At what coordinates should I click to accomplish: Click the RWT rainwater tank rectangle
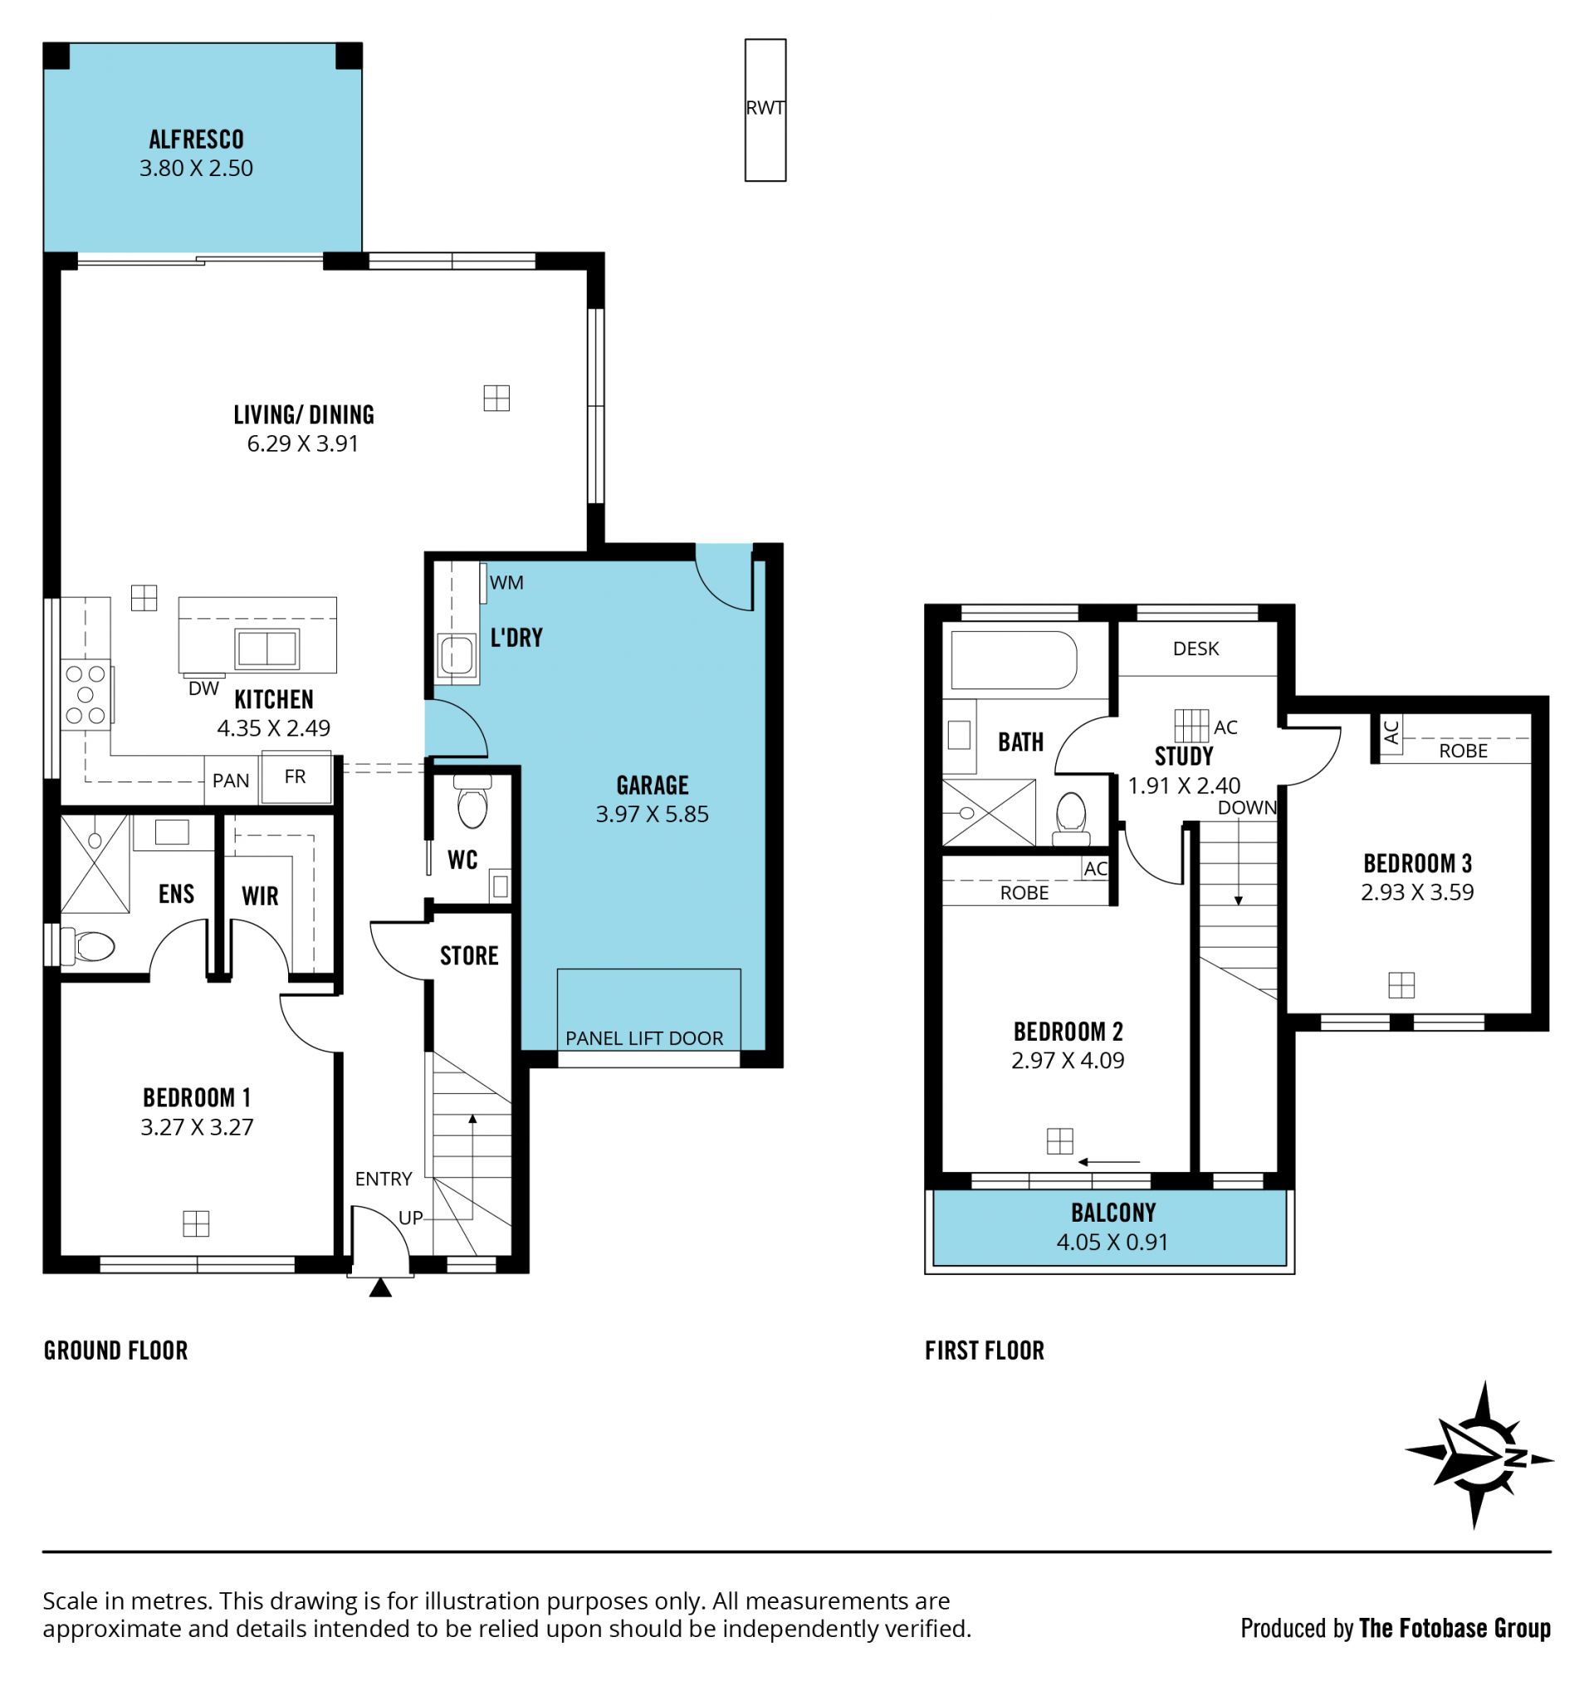pyautogui.click(x=765, y=110)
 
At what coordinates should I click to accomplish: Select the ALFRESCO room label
pyautogui.click(x=196, y=140)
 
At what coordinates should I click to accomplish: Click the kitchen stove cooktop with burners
pyautogui.click(x=86, y=694)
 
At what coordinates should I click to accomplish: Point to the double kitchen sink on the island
pyautogui.click(x=267, y=649)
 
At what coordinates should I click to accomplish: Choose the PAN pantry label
pyautogui.click(x=231, y=780)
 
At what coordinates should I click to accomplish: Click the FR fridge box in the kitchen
pyautogui.click(x=295, y=777)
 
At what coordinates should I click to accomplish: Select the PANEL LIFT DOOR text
pyautogui.click(x=644, y=1037)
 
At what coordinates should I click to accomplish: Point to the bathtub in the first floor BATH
pyautogui.click(x=1014, y=659)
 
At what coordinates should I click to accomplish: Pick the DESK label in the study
pyautogui.click(x=1195, y=649)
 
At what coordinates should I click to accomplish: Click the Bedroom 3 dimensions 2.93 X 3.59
pyautogui.click(x=1417, y=892)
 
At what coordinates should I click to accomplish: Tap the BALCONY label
pyautogui.click(x=1113, y=1213)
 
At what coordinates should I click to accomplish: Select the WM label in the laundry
pyautogui.click(x=506, y=583)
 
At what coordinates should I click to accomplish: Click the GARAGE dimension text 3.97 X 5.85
pyautogui.click(x=652, y=814)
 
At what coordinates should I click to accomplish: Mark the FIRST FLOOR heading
pyautogui.click(x=984, y=1350)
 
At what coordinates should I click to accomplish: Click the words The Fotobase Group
pyautogui.click(x=1455, y=1627)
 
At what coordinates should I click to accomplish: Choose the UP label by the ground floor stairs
pyautogui.click(x=410, y=1218)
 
